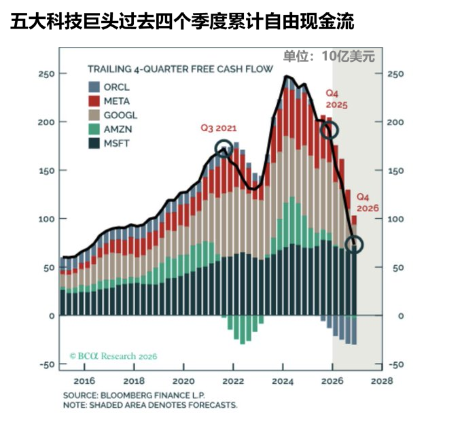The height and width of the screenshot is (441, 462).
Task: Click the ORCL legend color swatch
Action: click(94, 86)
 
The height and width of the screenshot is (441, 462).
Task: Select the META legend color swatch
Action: click(94, 101)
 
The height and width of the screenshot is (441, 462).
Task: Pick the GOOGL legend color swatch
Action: click(94, 115)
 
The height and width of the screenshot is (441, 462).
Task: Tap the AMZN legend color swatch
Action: click(94, 129)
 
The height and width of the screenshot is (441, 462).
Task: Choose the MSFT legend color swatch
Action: click(94, 143)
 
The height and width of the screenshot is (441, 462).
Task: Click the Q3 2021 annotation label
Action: click(219, 128)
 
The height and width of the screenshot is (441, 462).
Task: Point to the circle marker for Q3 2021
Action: click(223, 149)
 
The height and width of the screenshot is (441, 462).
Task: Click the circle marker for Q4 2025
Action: click(330, 130)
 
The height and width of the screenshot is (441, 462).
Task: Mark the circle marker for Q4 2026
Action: click(355, 244)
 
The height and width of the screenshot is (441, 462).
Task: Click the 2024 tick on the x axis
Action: click(283, 381)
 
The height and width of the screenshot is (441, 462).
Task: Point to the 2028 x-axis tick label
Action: click(382, 381)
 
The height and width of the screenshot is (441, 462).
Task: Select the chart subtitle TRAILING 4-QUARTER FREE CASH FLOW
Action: click(180, 69)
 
